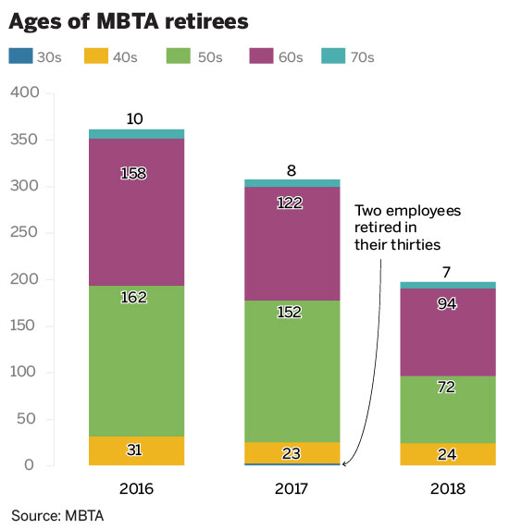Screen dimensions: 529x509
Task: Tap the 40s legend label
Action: [124, 57]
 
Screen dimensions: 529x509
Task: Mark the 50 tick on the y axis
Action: [29, 419]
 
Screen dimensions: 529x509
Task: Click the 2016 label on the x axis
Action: [137, 488]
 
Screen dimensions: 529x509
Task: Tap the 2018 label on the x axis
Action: [448, 488]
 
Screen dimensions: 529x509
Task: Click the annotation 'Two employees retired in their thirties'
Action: [406, 228]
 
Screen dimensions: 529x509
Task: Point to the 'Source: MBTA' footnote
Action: [57, 514]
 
